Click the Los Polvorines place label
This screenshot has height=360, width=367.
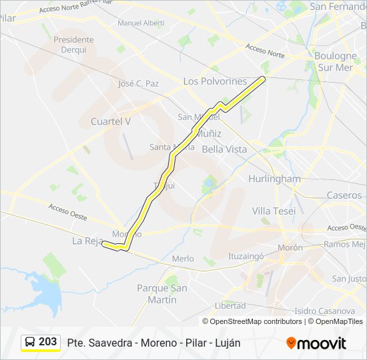point(215,81)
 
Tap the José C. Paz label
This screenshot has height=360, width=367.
point(138,84)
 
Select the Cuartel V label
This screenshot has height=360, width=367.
point(111,121)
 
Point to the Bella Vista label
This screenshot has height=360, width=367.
point(224,149)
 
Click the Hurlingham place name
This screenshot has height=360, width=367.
point(274,179)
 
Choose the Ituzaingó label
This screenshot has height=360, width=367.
point(247,255)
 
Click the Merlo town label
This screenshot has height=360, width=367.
point(183,259)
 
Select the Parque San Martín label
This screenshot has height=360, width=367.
point(161,293)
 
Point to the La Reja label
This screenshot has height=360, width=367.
point(85,241)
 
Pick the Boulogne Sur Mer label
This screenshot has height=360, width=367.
point(335,61)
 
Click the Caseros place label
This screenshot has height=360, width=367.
point(344,195)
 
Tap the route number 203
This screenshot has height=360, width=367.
point(47,341)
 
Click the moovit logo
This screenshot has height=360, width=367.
point(316,343)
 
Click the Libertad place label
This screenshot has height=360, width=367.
point(230,305)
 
